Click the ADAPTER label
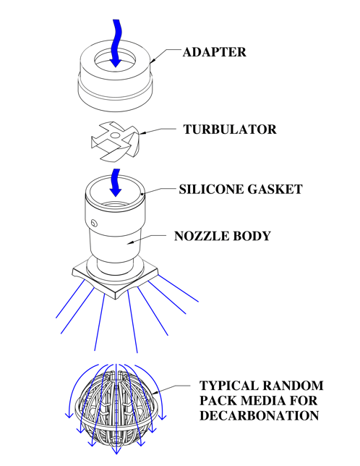click(x=214, y=52)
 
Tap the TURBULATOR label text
click(x=230, y=130)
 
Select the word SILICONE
click(x=211, y=190)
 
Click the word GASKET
click(x=275, y=190)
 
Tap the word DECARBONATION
click(x=259, y=415)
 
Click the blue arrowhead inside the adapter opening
click(x=116, y=63)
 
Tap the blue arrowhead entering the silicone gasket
click(x=116, y=192)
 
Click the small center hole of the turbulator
click(x=115, y=136)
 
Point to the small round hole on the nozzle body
click(x=94, y=223)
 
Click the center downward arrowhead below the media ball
click(x=116, y=450)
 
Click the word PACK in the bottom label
click(x=218, y=400)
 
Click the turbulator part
click(x=114, y=142)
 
